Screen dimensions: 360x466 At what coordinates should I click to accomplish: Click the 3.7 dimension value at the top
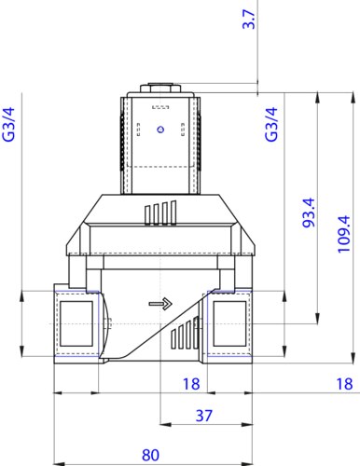pos(249,20)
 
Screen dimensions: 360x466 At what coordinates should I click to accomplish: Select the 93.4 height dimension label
pos(309,212)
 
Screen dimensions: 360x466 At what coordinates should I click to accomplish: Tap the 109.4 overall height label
pos(344,234)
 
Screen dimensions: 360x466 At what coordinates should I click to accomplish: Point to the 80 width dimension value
pos(150,455)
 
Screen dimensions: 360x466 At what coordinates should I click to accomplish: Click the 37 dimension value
pos(204,416)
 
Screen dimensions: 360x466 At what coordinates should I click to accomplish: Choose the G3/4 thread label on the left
pos(8,124)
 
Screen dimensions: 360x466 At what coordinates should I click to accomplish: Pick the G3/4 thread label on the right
pos(271,124)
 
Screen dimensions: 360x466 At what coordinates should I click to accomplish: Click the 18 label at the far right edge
pos(344,384)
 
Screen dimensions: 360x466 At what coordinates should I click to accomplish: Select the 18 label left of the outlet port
pos(191,384)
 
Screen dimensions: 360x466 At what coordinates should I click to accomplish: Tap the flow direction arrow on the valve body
pos(160,303)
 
